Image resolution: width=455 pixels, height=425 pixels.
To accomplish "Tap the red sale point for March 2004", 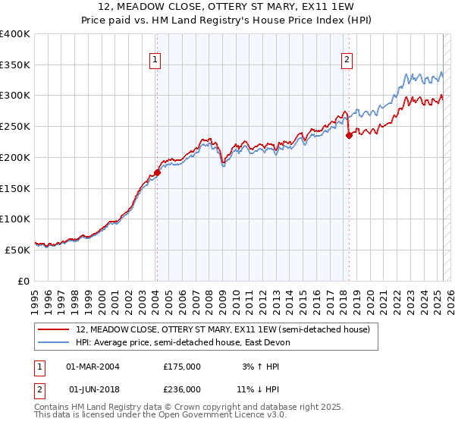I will [157, 172].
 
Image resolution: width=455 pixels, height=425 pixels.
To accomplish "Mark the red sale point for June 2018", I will [349, 136].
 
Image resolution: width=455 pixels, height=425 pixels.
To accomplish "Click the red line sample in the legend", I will [54, 330].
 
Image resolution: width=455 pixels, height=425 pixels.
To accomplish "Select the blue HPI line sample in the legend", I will [54, 342].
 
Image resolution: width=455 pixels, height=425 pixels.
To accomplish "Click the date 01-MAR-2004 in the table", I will [93, 367].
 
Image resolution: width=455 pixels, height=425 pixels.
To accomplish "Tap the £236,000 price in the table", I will [182, 389].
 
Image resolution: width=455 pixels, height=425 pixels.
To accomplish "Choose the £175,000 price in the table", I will [182, 367].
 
